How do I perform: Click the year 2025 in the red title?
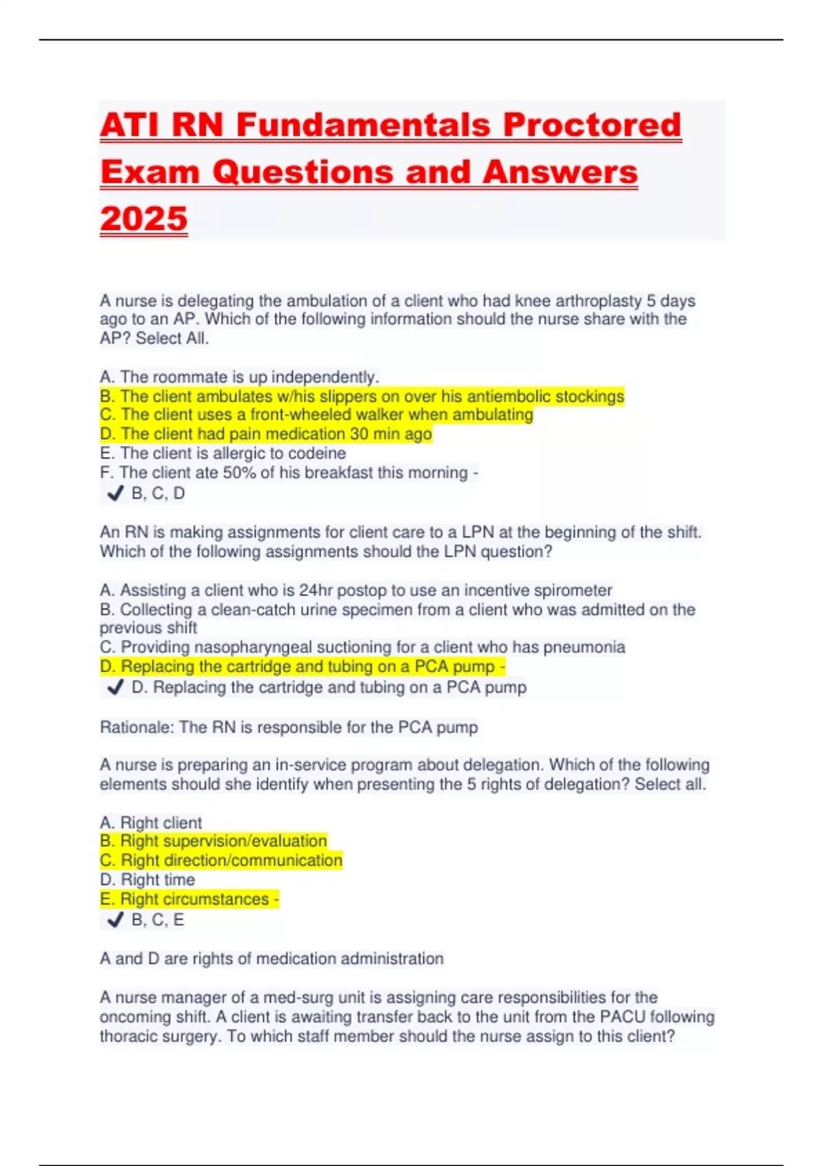(x=143, y=219)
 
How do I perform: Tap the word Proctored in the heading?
(x=592, y=126)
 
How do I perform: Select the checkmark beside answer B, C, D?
(x=115, y=493)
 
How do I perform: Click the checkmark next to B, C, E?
(x=115, y=919)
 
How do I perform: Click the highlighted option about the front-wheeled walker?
(x=316, y=415)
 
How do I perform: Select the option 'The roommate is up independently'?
(x=239, y=377)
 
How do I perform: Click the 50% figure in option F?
(x=238, y=473)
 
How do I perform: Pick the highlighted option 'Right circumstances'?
(x=189, y=899)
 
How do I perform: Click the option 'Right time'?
(x=147, y=880)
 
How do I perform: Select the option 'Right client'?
(x=151, y=822)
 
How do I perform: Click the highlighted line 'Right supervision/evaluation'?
(x=213, y=841)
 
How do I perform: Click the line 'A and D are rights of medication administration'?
(x=272, y=958)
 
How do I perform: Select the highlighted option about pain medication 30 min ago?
(x=266, y=434)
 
